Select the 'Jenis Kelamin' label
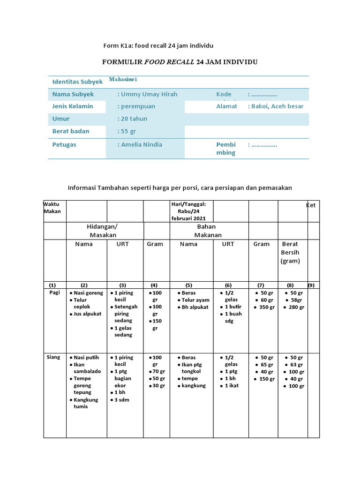point(73,106)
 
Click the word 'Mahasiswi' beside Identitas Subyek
point(123,80)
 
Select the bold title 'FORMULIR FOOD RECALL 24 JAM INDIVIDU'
point(180,62)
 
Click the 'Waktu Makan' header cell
point(52,208)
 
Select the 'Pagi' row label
point(55,292)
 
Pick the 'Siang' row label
point(53,357)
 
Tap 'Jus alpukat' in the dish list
point(88,314)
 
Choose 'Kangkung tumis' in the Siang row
point(86,403)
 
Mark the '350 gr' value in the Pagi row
point(265,307)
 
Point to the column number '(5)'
point(188,285)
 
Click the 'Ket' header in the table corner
point(311,205)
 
